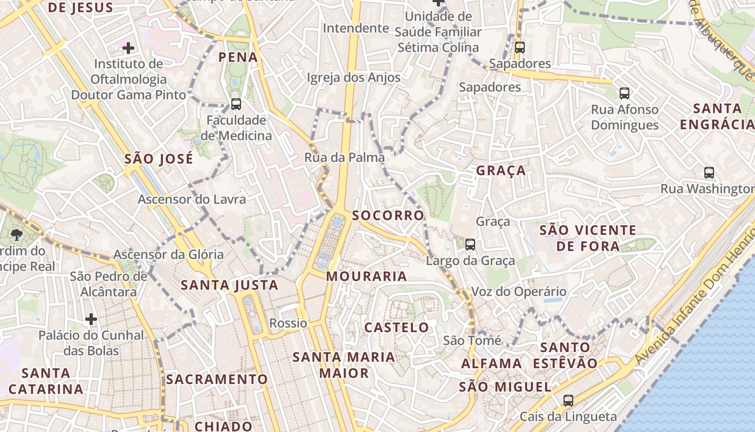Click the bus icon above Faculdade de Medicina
click(236, 104)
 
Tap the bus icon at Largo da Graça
click(470, 245)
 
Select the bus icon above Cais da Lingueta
click(568, 401)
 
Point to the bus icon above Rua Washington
click(709, 173)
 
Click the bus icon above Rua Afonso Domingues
click(624, 93)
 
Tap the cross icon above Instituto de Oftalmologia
click(128, 48)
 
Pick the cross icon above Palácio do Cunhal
click(91, 319)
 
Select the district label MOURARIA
click(366, 276)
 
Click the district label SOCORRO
click(388, 215)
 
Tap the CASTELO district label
click(396, 328)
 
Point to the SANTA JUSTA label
click(229, 285)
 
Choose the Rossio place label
click(288, 323)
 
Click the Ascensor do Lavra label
click(191, 199)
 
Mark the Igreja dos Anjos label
click(353, 78)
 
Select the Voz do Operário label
click(519, 292)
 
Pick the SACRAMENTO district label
click(217, 379)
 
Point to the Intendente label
click(355, 28)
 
